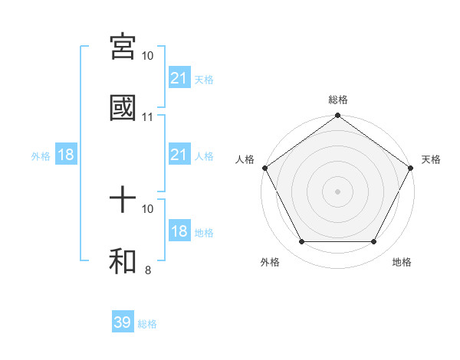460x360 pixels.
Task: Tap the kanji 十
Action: tap(123, 201)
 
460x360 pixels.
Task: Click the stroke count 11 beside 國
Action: tap(148, 117)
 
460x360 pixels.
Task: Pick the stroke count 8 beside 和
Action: tap(148, 270)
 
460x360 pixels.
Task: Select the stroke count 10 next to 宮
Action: tap(148, 56)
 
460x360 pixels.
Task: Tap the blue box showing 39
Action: tap(123, 322)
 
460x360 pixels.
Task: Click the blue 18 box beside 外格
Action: tap(66, 155)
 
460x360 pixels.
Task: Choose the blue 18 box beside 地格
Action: tap(179, 231)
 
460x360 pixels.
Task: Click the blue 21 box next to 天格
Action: tap(179, 77)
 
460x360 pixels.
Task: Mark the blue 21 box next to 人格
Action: tap(179, 155)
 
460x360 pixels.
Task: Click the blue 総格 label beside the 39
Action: tap(147, 324)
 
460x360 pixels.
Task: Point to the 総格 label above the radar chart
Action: tap(338, 100)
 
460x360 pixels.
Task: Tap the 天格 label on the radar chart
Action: tap(431, 159)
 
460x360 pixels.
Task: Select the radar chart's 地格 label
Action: tap(402, 262)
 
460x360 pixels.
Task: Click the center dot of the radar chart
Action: tap(338, 191)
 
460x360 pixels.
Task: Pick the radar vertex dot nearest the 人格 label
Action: tap(264, 167)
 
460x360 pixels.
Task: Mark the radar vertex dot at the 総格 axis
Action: tap(338, 116)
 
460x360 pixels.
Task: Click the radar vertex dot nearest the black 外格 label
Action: tap(301, 242)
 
